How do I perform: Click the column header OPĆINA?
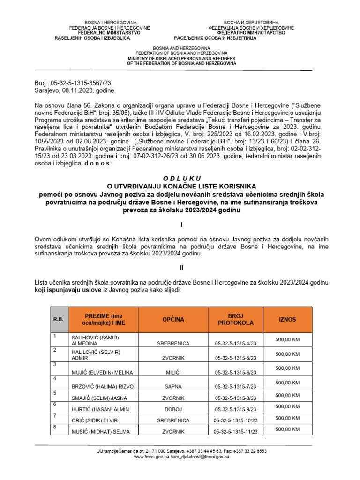click(173, 319)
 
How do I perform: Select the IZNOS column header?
click(287, 319)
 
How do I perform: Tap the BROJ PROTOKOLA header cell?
click(236, 319)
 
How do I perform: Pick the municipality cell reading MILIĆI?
click(173, 373)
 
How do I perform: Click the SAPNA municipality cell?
click(173, 387)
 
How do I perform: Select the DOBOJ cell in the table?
click(173, 409)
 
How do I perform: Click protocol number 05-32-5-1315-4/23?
click(239, 343)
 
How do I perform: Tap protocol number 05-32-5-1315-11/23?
click(238, 431)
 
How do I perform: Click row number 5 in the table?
click(55, 393)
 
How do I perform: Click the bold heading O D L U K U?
click(181, 179)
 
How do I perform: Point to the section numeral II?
click(182, 268)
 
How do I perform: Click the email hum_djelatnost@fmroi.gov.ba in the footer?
click(199, 457)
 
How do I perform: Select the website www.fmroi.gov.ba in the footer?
click(151, 457)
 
